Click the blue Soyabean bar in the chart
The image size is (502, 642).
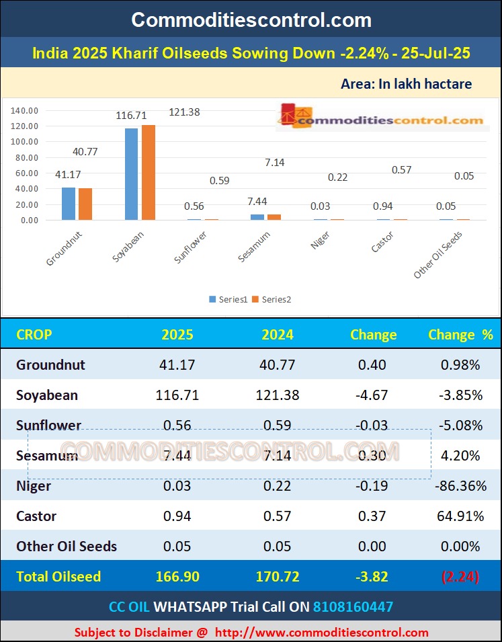pos(131,174)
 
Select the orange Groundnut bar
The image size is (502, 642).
pos(85,204)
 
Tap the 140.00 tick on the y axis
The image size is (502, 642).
pos(25,110)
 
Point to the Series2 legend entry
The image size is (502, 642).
pos(271,299)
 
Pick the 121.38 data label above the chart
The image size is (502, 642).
pos(184,112)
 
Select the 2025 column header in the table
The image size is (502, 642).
pos(177,335)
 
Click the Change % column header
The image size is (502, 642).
pos(460,335)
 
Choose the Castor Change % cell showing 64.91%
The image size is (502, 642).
pos(460,516)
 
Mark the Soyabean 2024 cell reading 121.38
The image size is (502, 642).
pos(278,395)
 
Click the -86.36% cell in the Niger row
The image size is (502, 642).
pos(460,486)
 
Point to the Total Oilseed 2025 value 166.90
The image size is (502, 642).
pos(177,576)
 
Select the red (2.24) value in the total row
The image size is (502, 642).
pos(460,576)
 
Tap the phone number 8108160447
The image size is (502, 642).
pos(353,607)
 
